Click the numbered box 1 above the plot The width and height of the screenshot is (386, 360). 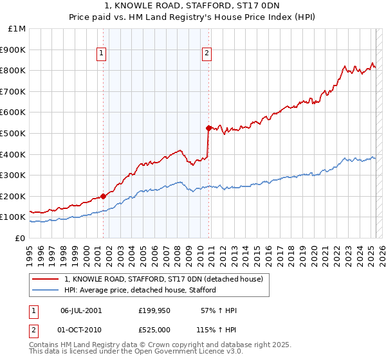[x=102, y=54]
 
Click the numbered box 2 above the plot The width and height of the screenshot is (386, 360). [x=207, y=54]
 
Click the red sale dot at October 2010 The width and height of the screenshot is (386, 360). [x=208, y=128]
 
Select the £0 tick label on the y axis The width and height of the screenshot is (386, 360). [x=20, y=238]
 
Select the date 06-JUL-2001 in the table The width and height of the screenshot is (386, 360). [x=80, y=310]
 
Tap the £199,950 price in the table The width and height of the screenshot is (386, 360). [x=154, y=310]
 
